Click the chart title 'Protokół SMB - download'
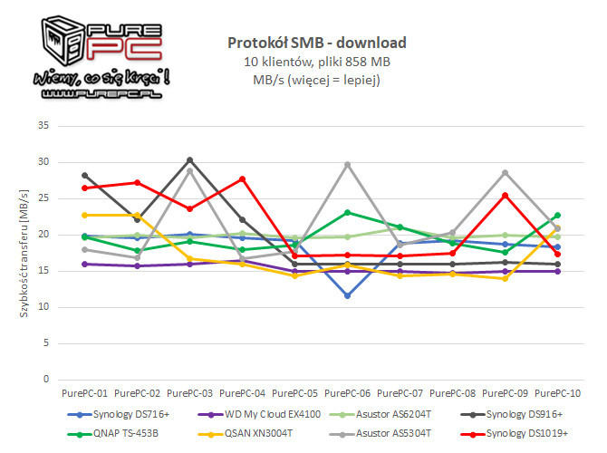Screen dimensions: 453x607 pos(316,43)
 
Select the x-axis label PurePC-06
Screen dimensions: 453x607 pos(349,393)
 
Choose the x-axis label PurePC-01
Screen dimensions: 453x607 pos(84,393)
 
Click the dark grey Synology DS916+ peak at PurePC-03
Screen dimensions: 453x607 pos(190,159)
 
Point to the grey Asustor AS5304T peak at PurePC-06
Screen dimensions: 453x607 pos(349,164)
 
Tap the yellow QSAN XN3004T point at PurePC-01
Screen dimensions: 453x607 pos(84,215)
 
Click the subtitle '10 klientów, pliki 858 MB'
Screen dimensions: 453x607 pos(316,62)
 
